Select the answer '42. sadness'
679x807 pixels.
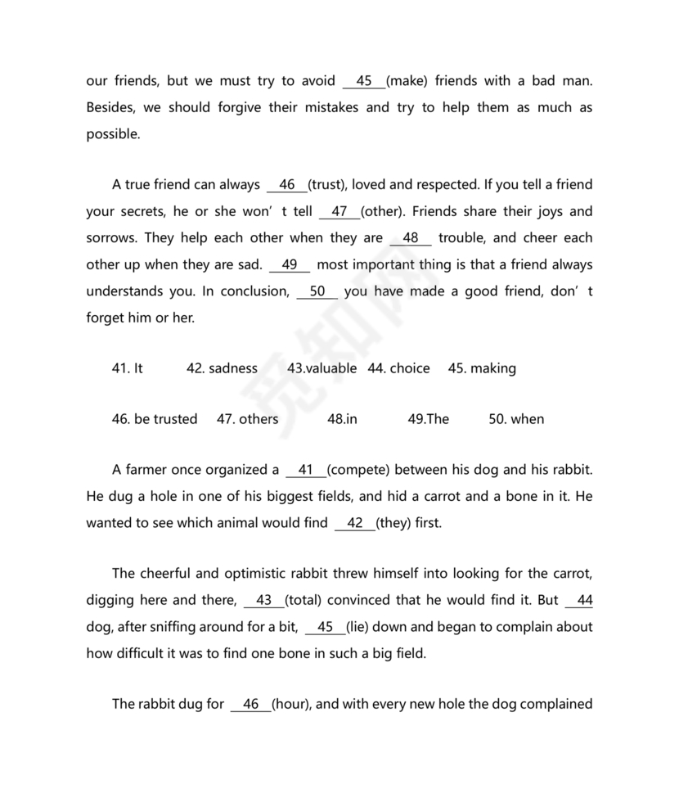point(222,368)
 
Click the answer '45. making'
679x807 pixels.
point(482,368)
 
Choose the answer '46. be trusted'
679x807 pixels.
point(155,419)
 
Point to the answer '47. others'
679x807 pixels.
point(247,419)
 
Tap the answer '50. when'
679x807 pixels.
point(516,419)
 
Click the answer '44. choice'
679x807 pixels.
point(398,368)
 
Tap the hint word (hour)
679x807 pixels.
point(291,704)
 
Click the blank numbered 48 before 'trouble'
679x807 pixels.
point(411,238)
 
